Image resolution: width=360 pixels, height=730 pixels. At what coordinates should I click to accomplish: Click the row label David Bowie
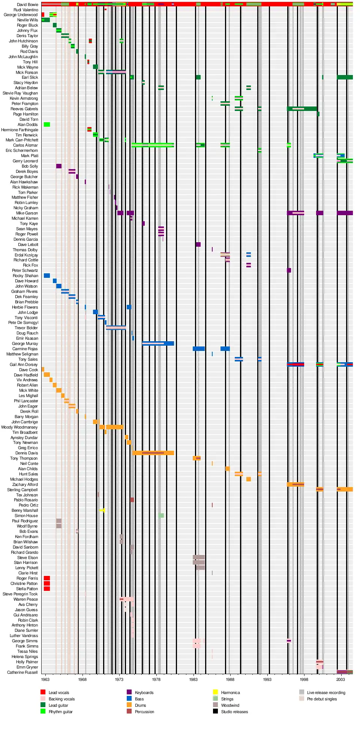point(27,4)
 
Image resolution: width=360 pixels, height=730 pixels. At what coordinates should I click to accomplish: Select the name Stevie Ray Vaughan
point(20,93)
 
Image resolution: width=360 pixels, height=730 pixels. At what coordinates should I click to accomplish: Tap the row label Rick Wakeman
point(25,187)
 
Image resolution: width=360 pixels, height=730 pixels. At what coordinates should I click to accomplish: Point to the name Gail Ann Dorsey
point(24,364)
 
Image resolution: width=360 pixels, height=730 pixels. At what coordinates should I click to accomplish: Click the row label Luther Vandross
point(24,636)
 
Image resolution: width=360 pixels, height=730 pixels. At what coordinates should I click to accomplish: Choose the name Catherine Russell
point(22,672)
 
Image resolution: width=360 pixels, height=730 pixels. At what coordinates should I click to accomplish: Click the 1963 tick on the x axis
point(45,679)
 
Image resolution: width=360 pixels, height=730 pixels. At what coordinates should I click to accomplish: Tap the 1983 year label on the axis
point(193,679)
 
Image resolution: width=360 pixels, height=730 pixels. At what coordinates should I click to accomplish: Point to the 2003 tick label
point(340,679)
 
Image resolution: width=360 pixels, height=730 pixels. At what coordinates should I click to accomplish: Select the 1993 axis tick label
point(267,679)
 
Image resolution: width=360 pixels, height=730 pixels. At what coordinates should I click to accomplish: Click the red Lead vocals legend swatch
point(43,692)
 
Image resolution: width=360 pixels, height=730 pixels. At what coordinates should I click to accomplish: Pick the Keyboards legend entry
point(144,693)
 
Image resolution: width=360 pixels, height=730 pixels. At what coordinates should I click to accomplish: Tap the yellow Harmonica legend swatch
point(215,692)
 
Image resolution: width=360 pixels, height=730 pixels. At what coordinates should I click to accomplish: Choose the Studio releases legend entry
point(234,712)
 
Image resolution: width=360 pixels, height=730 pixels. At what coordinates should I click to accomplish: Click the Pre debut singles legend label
point(322,699)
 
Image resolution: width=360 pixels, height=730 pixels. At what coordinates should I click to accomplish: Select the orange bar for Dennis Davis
point(153,453)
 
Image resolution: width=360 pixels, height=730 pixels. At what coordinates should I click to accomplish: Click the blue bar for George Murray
point(158,343)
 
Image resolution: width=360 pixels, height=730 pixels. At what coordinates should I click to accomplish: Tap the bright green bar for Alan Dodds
point(47,124)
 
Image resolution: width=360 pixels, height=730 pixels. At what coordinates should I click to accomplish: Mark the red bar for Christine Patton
point(47,583)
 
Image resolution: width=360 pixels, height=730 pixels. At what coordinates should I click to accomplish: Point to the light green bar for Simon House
point(161,516)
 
